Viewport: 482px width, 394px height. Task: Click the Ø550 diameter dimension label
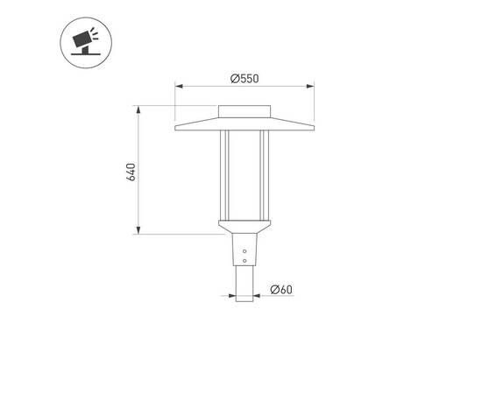245,78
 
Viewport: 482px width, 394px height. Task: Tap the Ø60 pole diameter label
281,290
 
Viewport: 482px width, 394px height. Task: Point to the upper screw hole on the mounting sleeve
245,249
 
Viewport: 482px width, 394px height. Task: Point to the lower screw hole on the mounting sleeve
245,258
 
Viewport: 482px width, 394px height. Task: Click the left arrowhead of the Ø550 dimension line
178,86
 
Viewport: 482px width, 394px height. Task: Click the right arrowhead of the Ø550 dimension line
313,86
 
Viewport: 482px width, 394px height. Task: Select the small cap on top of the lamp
245,111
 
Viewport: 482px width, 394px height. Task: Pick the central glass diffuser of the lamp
245,175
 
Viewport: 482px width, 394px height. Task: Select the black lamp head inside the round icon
82,40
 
